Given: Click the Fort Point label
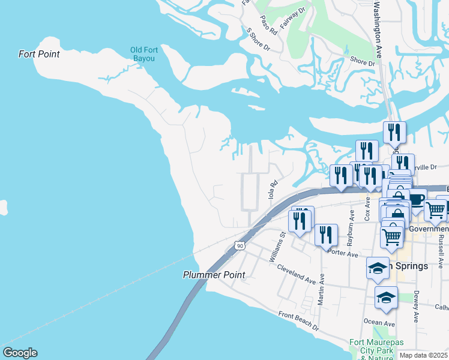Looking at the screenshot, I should pos(39,54).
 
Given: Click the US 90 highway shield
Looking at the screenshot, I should pos(240,246).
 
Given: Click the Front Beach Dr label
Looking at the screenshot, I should pos(298,323).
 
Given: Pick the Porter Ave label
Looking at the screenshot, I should pos(343,254).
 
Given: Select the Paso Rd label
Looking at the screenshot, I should pos(268,24).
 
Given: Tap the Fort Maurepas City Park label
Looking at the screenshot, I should pos(371,346).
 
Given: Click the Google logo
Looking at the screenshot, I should pos(20,353).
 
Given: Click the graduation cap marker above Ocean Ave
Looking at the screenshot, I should pos(387,297).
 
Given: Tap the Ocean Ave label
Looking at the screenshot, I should pos(379,322).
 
